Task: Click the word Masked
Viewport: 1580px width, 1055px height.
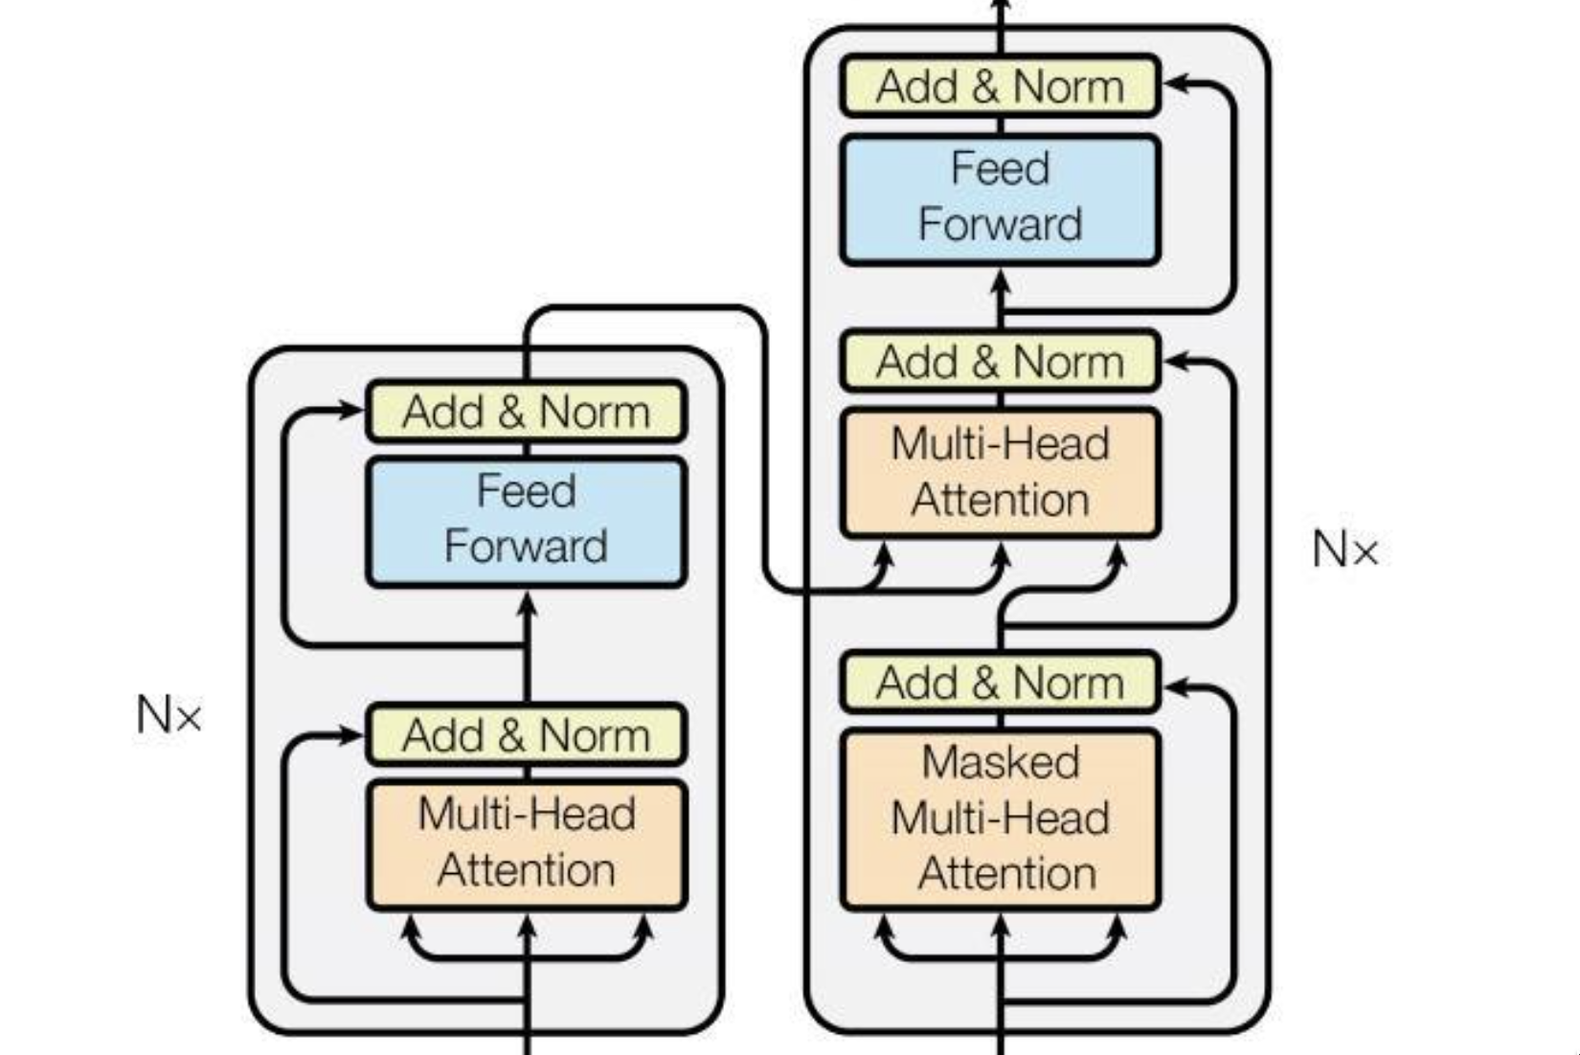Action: click(x=1000, y=763)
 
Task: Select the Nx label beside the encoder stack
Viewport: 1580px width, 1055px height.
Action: click(x=169, y=714)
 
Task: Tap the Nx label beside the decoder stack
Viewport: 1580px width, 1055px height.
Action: click(x=1344, y=550)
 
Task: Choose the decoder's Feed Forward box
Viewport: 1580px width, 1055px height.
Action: click(x=1000, y=199)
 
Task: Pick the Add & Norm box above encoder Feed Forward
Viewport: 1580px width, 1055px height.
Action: click(x=526, y=412)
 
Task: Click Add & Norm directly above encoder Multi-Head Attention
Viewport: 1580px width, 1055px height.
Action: click(x=526, y=735)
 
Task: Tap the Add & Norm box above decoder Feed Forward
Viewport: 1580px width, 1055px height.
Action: click(x=1000, y=86)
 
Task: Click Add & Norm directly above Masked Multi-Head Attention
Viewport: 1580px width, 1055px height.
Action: click(x=1000, y=683)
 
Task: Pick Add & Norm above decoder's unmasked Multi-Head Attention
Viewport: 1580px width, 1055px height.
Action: click(x=1000, y=362)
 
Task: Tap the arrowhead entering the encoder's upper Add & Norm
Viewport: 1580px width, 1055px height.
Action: click(x=352, y=411)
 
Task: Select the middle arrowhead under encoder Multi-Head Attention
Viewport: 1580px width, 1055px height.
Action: click(x=526, y=926)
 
